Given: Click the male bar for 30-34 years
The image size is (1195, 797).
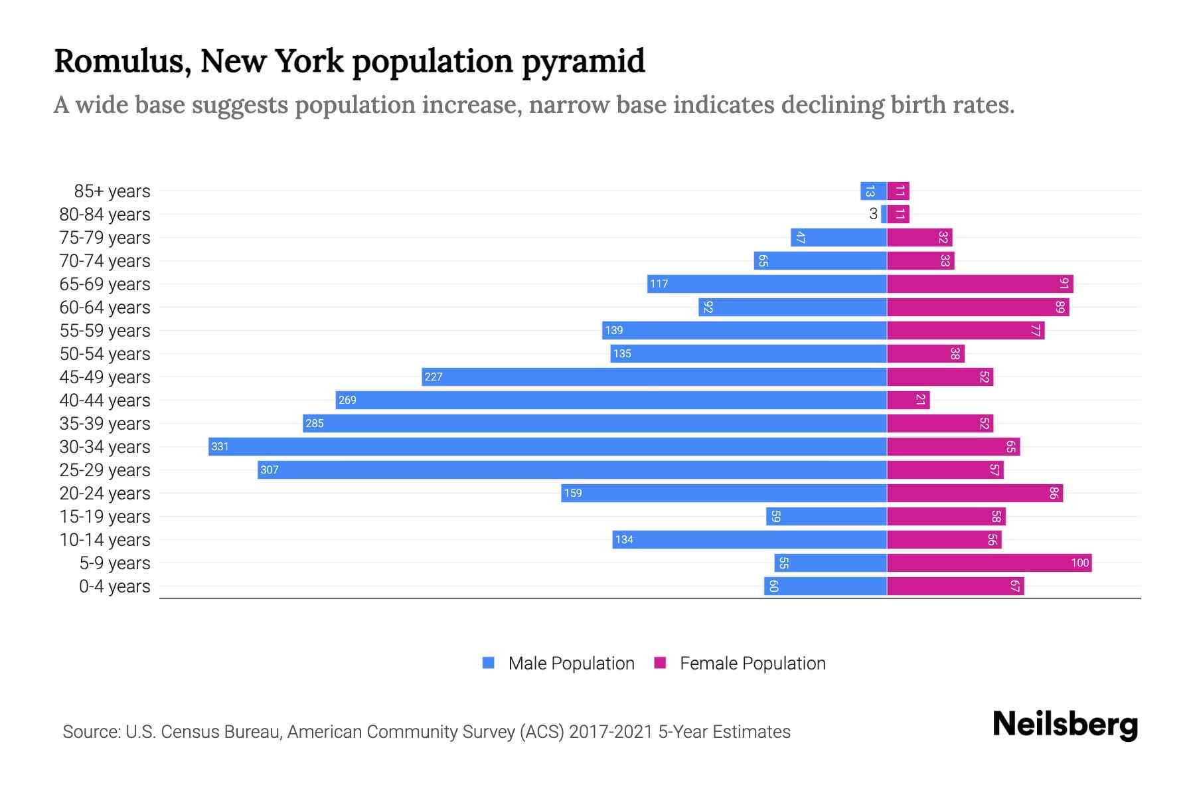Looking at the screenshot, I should coord(548,446).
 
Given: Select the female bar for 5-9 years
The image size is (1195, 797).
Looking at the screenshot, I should coord(989,563).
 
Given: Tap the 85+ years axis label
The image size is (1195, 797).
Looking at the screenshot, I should coord(112,191).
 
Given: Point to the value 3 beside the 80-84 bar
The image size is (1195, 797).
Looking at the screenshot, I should coord(873,214).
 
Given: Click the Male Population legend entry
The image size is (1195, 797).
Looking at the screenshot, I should coord(558,663).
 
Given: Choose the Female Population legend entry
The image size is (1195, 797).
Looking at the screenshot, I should coord(740,663).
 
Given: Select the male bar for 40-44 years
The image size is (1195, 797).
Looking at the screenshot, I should coord(611,400).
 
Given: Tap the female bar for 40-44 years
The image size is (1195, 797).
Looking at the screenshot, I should coord(908,400).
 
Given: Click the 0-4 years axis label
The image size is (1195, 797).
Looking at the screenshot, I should coord(114,586).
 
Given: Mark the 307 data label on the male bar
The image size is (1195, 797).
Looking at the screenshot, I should coord(270,470).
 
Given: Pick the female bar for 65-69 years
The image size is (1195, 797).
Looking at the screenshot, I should coord(980,284).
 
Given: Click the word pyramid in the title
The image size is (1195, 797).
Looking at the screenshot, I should coord(583,61).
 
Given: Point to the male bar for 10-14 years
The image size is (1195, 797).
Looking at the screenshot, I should coord(750,540).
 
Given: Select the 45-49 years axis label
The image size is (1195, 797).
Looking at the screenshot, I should coord(105,377).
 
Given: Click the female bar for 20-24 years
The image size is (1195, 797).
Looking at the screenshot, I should coord(975,493).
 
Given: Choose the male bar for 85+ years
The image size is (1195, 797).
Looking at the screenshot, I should coord(873,191).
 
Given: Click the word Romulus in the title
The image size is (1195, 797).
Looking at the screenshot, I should coord(122,61).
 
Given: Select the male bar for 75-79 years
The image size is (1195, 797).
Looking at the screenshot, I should coord(838,238).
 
